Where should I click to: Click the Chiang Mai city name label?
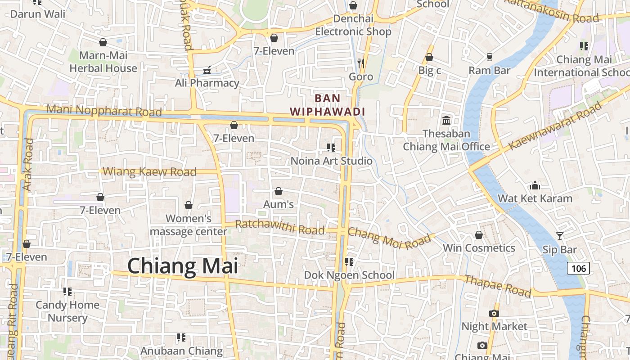[x=182, y=266]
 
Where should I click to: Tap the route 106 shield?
[x=578, y=269]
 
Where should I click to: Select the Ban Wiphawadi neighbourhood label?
[x=327, y=104]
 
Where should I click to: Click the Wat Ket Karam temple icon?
[x=535, y=185]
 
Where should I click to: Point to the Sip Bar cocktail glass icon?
[x=559, y=236]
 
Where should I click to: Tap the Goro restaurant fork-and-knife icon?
[x=360, y=63]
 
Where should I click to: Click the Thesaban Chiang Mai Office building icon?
[x=446, y=120]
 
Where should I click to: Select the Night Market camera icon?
[x=494, y=313]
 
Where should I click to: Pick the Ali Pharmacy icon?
[x=207, y=70]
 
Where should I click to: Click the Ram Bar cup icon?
[x=490, y=57]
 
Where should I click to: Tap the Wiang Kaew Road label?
[x=149, y=171]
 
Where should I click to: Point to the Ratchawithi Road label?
[x=279, y=227]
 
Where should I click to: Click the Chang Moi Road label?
[x=389, y=238]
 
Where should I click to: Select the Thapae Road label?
[x=498, y=285]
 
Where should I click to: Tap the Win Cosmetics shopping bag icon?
[x=479, y=235]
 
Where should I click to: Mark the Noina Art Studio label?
[x=332, y=161]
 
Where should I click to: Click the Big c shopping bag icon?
[x=429, y=58]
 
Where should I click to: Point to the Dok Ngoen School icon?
[x=349, y=261]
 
